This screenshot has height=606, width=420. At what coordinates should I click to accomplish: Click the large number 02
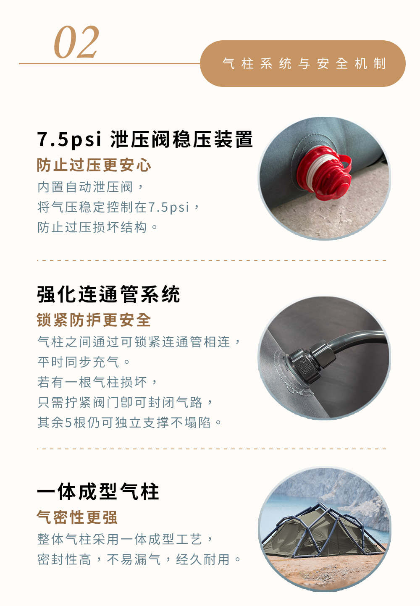point(76,42)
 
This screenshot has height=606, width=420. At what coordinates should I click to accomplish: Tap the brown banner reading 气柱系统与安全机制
point(302,63)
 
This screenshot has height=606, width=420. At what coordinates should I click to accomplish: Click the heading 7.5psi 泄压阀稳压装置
point(145,139)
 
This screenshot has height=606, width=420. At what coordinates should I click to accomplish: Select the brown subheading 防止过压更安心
point(94,165)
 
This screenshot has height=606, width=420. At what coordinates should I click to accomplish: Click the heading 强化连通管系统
point(108,294)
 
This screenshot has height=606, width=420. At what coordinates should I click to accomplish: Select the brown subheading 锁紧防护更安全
point(94,320)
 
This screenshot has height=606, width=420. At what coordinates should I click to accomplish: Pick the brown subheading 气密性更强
point(77,517)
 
